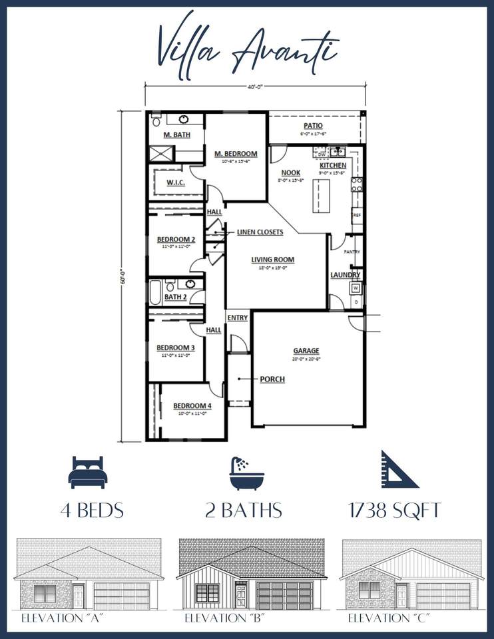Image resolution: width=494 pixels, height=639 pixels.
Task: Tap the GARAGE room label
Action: [x=306, y=351]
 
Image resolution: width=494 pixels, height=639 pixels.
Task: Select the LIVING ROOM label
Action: [x=272, y=260]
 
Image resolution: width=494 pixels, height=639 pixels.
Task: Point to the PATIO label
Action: [x=313, y=125]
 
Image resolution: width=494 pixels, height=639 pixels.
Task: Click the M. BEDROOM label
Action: [x=235, y=154]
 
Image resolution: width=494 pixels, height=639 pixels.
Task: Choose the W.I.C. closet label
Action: [x=175, y=182]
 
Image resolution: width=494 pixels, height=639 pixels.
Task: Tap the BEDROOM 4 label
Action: [x=192, y=406]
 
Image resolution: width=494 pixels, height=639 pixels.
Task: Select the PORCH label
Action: [x=272, y=379]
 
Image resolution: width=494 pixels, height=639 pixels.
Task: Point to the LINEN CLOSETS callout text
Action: [x=260, y=232]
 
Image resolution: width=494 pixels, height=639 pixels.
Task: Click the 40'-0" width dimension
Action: [x=256, y=85]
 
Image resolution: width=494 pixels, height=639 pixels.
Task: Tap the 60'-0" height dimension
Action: [x=123, y=276]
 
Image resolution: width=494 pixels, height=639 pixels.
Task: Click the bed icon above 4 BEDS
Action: [x=87, y=473]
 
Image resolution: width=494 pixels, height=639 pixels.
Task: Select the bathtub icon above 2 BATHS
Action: [x=246, y=473]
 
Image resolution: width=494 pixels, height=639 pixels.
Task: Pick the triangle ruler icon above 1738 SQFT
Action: [x=399, y=470]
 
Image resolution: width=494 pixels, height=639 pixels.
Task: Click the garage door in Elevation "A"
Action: [x=122, y=595]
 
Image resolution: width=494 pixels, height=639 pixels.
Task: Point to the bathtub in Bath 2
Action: [x=154, y=292]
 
